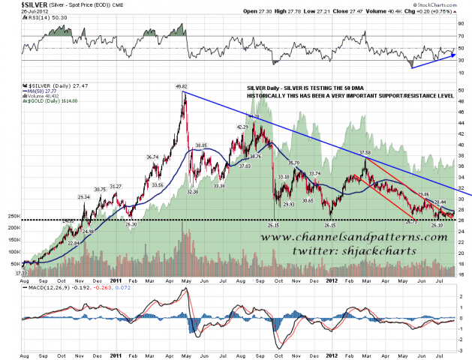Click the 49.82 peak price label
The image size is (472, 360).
pyautogui.click(x=182, y=86)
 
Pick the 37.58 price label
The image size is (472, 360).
pyautogui.click(x=365, y=153)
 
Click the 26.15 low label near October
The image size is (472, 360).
pyautogui.click(x=275, y=225)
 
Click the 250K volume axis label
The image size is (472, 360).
pyautogui.click(x=13, y=217)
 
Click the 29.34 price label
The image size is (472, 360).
pyautogui.click(x=83, y=196)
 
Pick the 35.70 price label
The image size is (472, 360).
pyautogui.click(x=293, y=163)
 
